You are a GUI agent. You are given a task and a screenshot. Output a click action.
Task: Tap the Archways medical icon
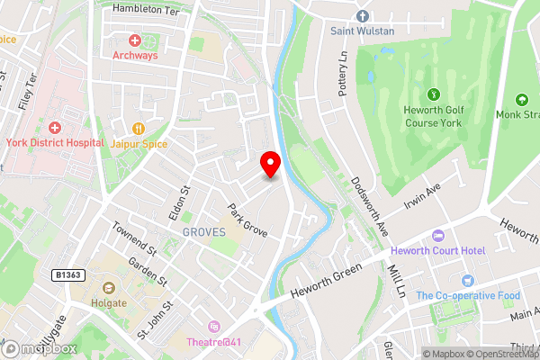[x=135, y=40]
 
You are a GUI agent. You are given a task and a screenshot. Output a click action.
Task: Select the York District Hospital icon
[x=54, y=129]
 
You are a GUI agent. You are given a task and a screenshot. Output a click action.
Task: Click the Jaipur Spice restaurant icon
[x=138, y=129]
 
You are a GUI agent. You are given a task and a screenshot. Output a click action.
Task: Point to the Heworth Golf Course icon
[x=433, y=93]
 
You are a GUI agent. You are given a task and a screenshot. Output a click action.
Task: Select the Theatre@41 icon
[x=214, y=326]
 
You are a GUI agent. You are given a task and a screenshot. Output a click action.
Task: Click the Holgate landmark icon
[x=108, y=288]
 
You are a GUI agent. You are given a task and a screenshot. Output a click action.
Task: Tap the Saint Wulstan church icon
[x=362, y=16]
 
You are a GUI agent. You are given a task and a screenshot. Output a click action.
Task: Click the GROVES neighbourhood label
[x=203, y=231]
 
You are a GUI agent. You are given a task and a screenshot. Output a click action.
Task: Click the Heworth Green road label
[x=327, y=281]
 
